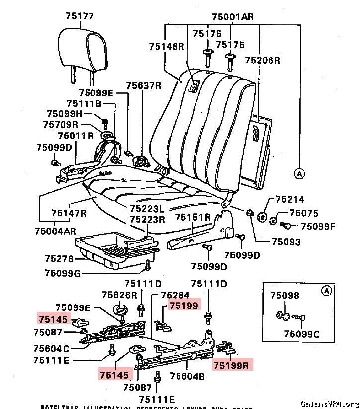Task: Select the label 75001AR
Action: tap(232, 17)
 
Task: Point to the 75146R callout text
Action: tap(166, 46)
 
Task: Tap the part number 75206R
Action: tap(263, 60)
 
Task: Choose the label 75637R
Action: tap(144, 85)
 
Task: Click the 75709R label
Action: tap(61, 124)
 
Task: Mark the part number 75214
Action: tap(290, 200)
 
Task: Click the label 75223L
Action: tap(148, 208)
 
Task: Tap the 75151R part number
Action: tap(192, 217)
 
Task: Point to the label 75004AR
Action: tap(55, 231)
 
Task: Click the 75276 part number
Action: tap(59, 259)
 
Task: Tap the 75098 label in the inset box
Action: tap(285, 295)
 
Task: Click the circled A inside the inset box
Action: tap(326, 291)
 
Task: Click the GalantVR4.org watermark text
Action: tap(330, 403)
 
